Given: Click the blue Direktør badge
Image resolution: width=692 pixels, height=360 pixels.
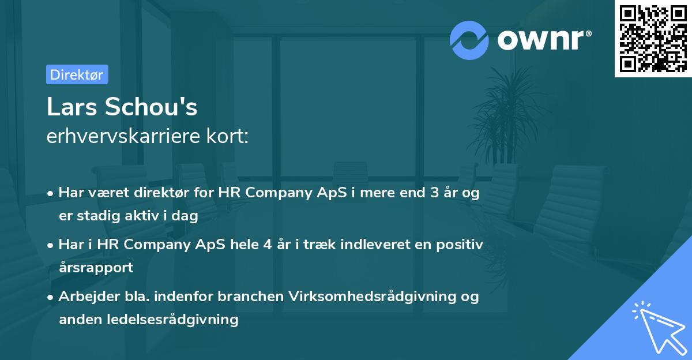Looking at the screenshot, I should tap(77, 74).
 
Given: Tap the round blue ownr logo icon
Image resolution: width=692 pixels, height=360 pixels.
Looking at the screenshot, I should tap(469, 40).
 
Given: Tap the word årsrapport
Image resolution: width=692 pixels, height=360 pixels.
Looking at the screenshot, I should tap(96, 267).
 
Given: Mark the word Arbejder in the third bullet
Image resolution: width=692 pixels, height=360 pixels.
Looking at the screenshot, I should tap(84, 296).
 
